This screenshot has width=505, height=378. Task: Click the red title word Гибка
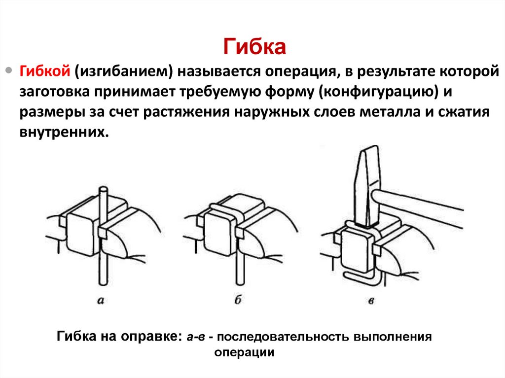(255, 47)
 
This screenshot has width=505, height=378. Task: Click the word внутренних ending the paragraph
(63, 132)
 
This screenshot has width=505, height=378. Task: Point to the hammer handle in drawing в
(419, 202)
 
